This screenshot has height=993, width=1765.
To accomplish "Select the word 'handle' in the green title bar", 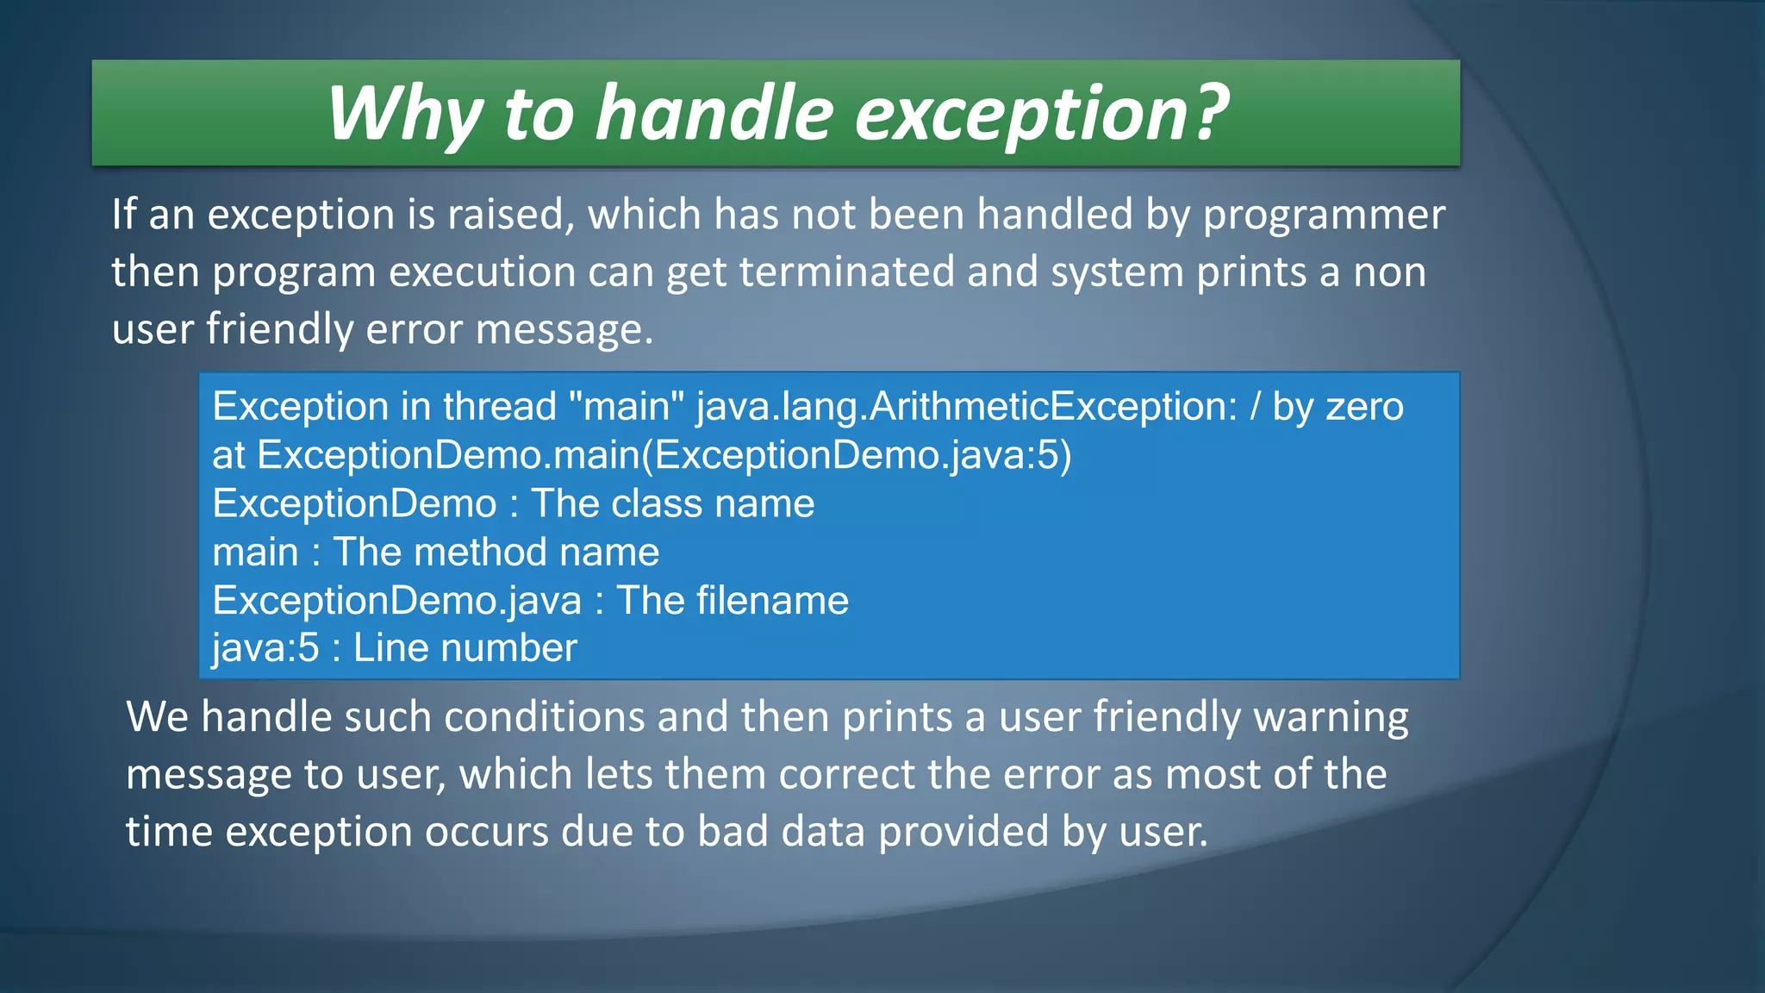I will pos(714,114).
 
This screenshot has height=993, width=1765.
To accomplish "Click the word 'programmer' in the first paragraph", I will pos(1324,215).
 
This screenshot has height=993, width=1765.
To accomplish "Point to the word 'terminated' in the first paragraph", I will pos(846,272).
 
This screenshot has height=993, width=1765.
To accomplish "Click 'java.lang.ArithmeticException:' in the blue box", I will pos(966,407).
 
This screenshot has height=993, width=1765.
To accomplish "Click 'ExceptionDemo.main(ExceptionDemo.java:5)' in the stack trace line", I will pos(664,455).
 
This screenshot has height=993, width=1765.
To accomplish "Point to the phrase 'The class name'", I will pos(672,504).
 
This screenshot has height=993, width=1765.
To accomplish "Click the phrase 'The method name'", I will pos(496,553).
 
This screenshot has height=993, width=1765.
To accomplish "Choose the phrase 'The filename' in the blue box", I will pos(733,601).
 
